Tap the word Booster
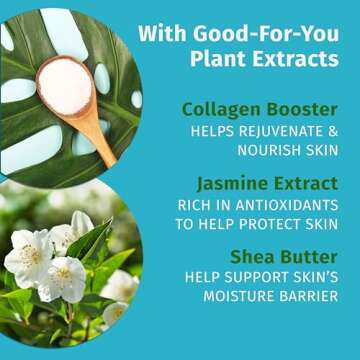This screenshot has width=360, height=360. point(299,108)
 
